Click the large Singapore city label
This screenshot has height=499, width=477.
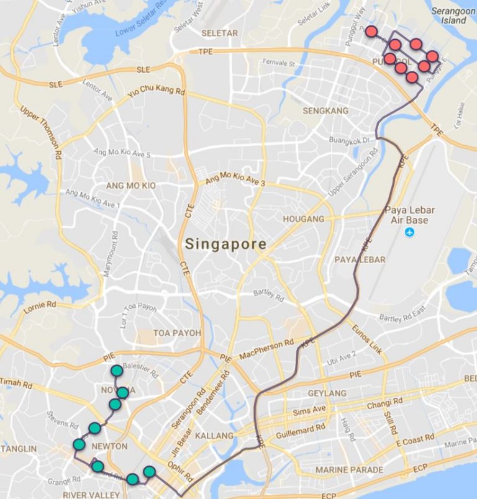click(x=225, y=245)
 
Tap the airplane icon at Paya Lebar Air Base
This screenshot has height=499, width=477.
click(x=409, y=232)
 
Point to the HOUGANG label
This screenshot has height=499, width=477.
click(x=304, y=219)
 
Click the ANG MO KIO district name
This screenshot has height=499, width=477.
click(x=130, y=186)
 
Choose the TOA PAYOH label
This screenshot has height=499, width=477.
click(x=178, y=333)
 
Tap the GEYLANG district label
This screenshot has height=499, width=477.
click(x=327, y=393)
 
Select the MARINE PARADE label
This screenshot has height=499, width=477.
click(x=349, y=470)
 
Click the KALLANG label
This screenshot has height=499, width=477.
click(x=214, y=436)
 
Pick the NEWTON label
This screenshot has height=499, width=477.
click(x=109, y=446)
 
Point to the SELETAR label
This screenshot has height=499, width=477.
click(x=219, y=33)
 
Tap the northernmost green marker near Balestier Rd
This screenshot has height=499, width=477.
click(x=117, y=371)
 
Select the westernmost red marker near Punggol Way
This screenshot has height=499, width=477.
click(x=371, y=31)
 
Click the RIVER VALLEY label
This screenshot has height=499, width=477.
click(x=83, y=495)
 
